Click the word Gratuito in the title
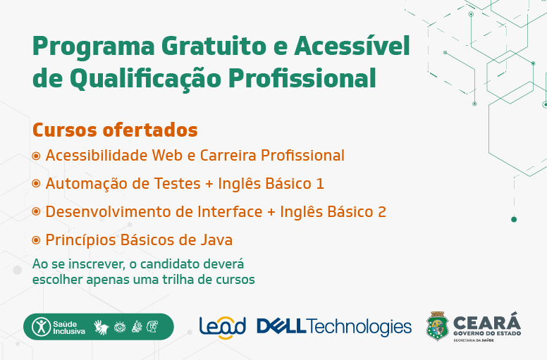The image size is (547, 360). (214, 46)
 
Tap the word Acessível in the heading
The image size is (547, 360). (352, 45)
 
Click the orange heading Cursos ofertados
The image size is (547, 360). (115, 130)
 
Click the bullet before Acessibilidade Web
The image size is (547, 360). (36, 156)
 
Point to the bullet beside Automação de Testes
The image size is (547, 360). (36, 184)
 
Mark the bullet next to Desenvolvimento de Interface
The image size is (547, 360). (36, 211)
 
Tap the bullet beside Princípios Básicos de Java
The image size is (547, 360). (36, 240)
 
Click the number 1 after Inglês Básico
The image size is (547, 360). (320, 184)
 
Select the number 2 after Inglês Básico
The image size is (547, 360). (381, 212)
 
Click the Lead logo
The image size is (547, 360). (223, 328)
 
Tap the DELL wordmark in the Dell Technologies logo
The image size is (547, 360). (281, 326)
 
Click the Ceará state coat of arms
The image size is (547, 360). (438, 326)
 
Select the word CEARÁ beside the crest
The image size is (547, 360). (487, 322)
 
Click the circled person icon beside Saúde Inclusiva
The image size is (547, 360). (41, 327)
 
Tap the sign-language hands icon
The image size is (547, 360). (102, 328)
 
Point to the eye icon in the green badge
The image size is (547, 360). (120, 327)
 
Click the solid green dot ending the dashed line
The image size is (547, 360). (514, 219)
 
